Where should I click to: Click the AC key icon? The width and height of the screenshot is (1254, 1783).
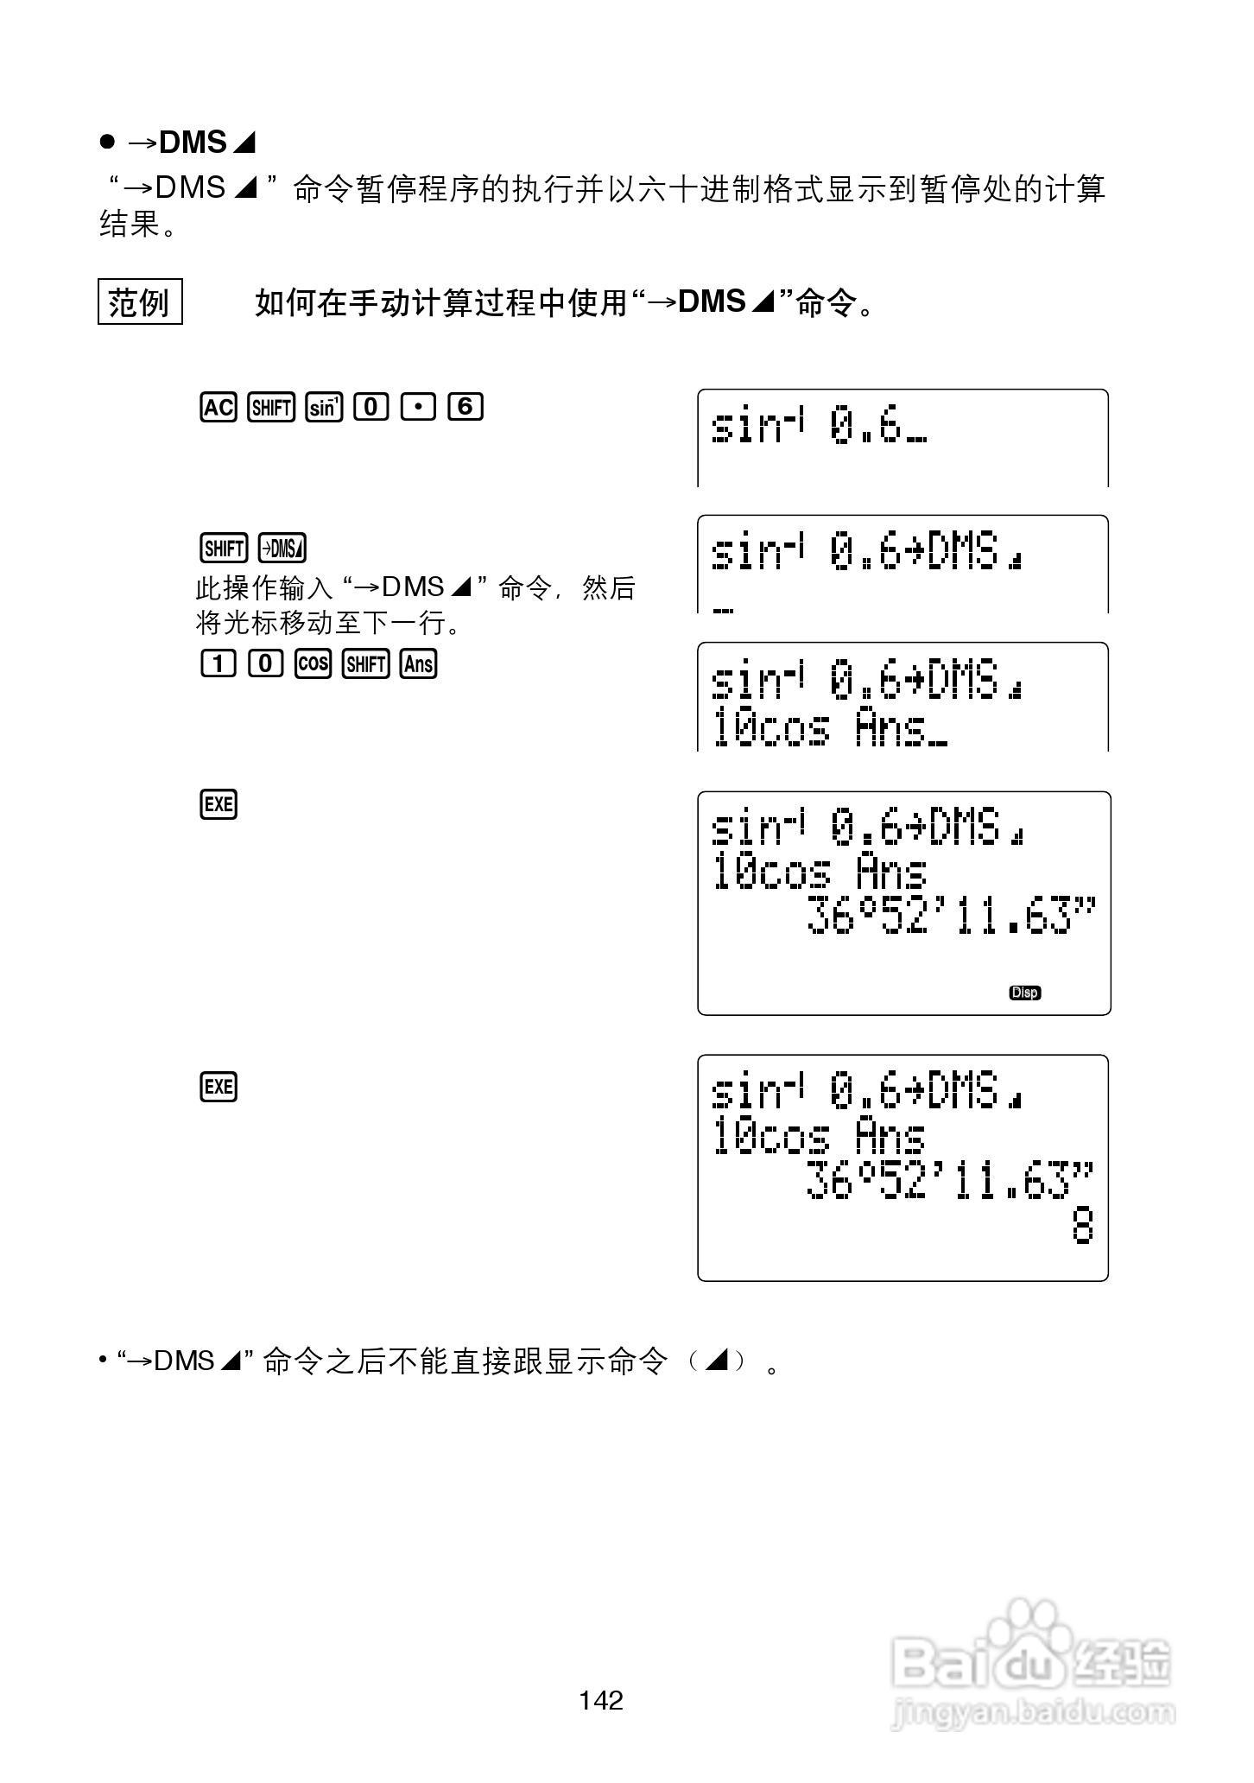pyautogui.click(x=218, y=407)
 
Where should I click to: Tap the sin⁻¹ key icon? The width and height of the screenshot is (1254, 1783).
pyautogui.click(x=324, y=407)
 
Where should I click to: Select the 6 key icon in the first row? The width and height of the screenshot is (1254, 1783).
pyautogui.click(x=465, y=407)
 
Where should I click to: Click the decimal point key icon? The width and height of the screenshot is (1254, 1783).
pyautogui.click(x=418, y=407)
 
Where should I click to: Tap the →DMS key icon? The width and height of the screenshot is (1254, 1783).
pyautogui.click(x=282, y=549)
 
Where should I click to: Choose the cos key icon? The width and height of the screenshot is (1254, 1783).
pyautogui.click(x=313, y=663)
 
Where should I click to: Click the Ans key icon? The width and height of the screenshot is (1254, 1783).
pyautogui.click(x=419, y=663)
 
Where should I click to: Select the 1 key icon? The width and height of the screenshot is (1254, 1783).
pyautogui.click(x=218, y=663)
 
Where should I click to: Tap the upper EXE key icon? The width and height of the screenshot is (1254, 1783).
pyautogui.click(x=218, y=804)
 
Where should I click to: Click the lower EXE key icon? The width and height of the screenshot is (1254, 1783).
pyautogui.click(x=218, y=1086)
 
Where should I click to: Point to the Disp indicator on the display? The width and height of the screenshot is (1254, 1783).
pyautogui.click(x=1024, y=993)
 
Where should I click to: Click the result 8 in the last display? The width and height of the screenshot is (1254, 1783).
pyautogui.click(x=1082, y=1226)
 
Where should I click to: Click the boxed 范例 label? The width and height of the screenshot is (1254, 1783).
pyautogui.click(x=140, y=301)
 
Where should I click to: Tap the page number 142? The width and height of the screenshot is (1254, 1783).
pyautogui.click(x=601, y=1700)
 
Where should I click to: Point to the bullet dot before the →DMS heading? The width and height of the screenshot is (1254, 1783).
pyautogui.click(x=107, y=142)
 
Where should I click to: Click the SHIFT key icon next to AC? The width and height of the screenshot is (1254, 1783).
pyautogui.click(x=271, y=407)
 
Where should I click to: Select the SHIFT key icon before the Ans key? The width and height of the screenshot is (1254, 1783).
pyautogui.click(x=365, y=663)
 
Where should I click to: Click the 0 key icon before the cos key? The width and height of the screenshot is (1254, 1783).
pyautogui.click(x=265, y=663)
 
